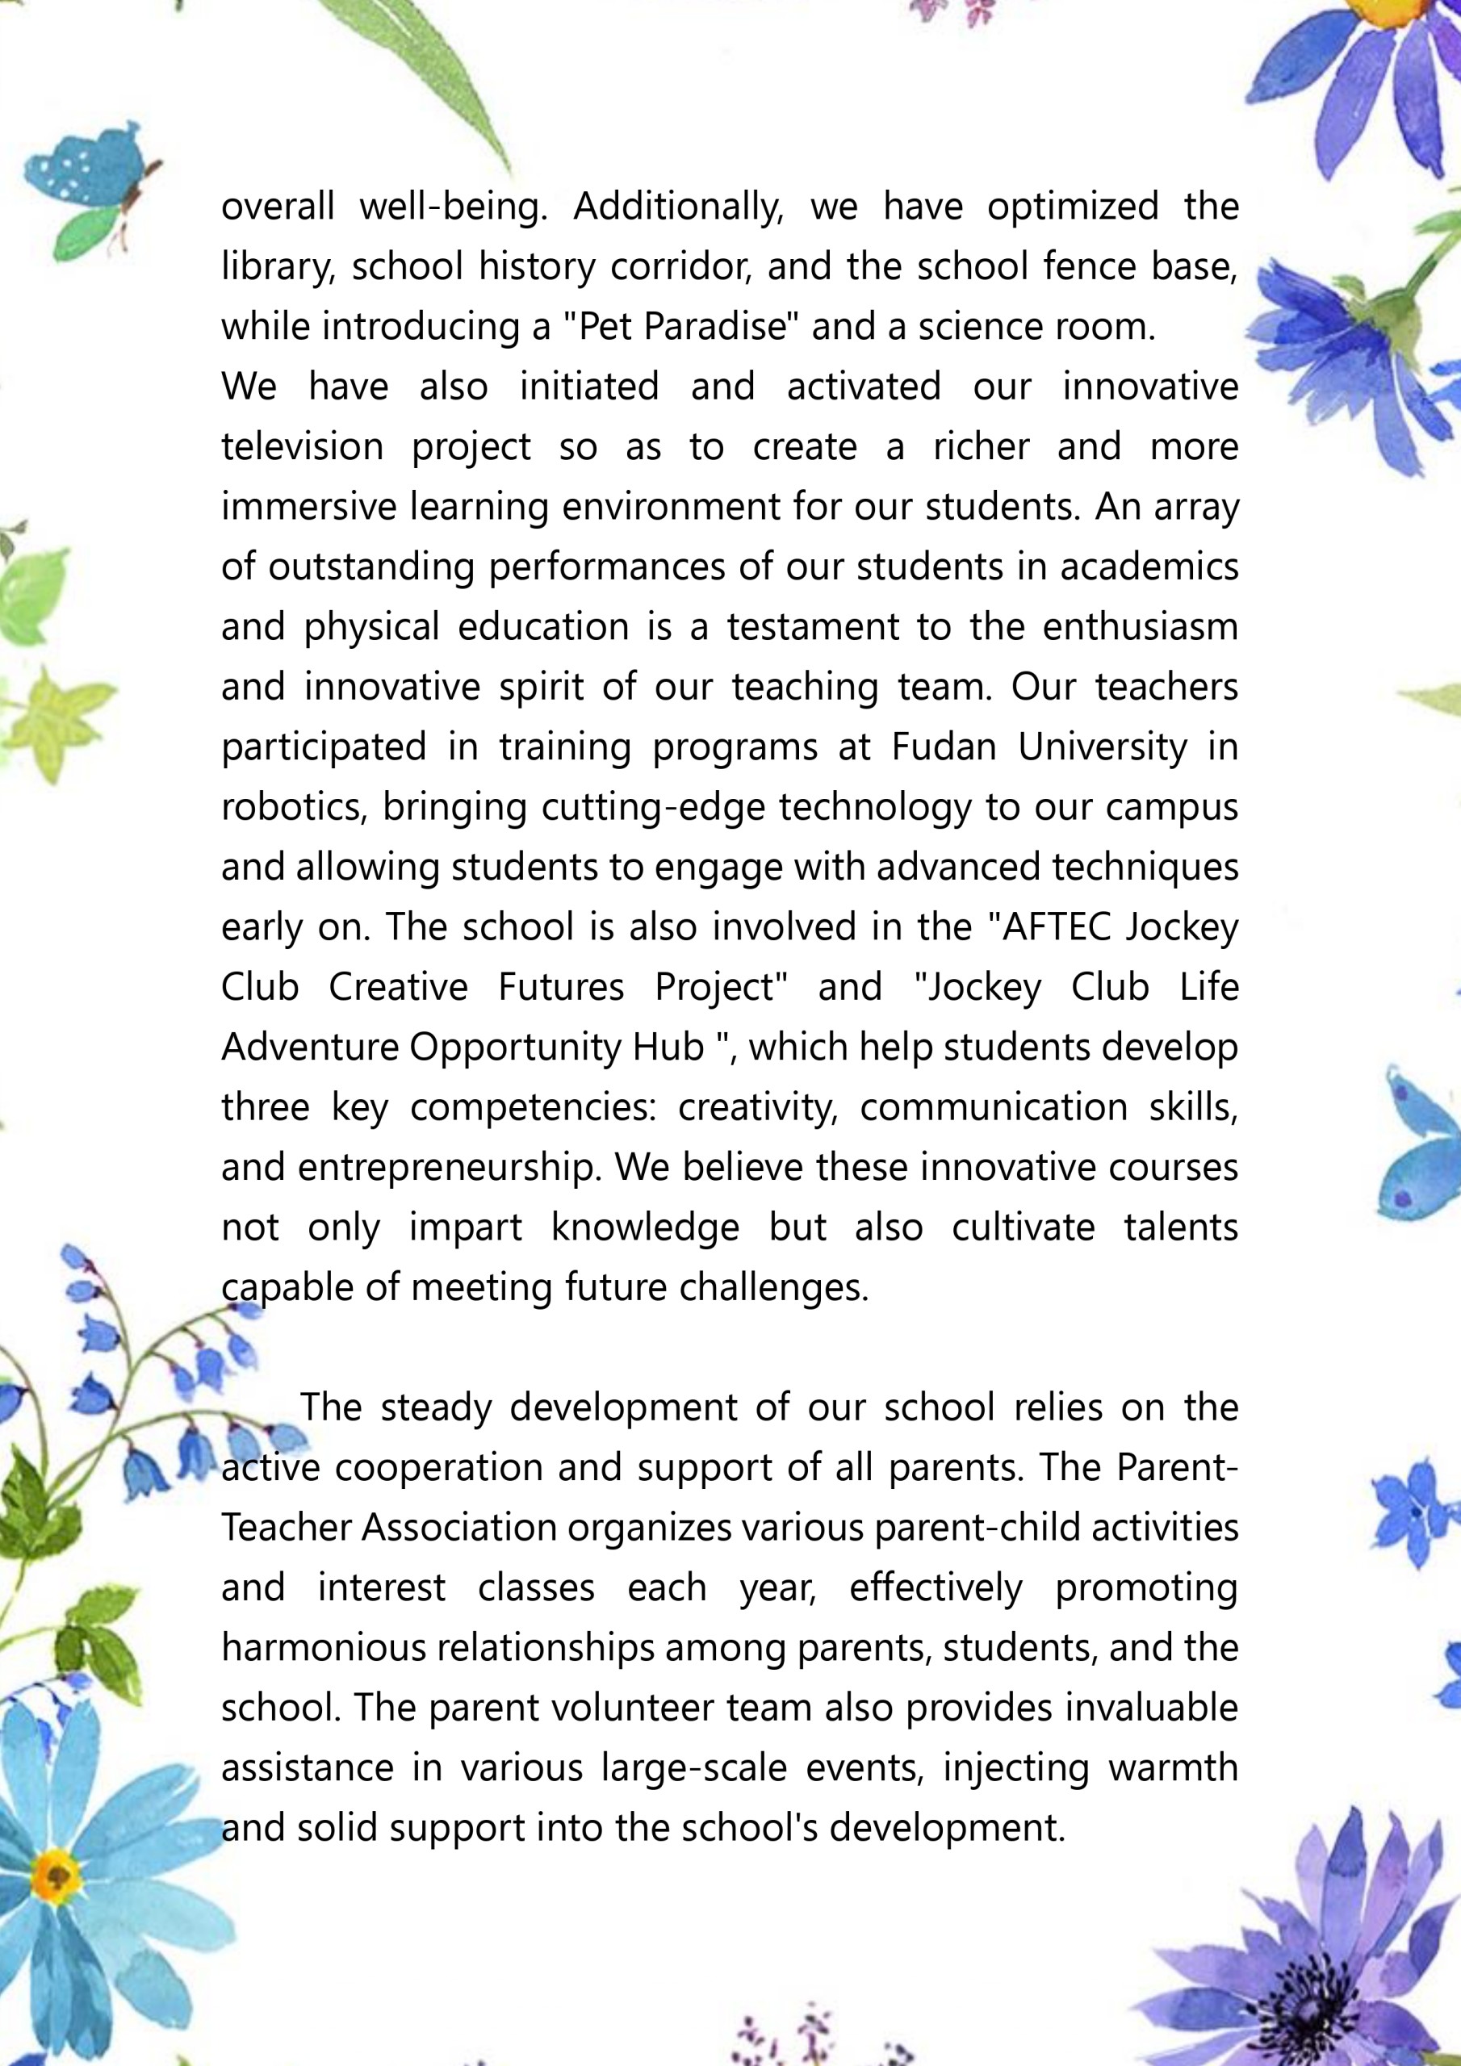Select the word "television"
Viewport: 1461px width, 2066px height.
[x=303, y=447]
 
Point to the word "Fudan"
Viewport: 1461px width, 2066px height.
[x=944, y=747]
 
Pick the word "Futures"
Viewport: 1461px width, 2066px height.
[x=561, y=987]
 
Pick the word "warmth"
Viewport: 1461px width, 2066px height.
[x=1173, y=1768]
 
